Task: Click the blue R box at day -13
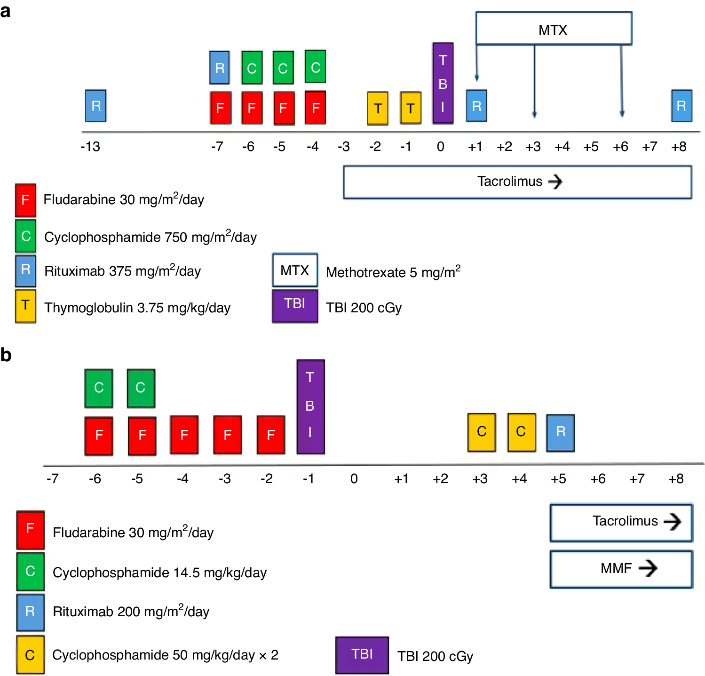coord(96,106)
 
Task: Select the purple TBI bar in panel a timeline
coord(443,84)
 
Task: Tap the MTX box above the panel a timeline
coord(553,29)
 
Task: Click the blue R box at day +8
coord(681,106)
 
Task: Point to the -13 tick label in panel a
coord(90,147)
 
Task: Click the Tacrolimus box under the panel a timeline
coord(517,182)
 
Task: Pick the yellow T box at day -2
coord(378,108)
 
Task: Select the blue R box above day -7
coord(220,68)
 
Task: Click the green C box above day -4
coord(315,67)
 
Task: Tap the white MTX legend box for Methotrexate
coord(295,270)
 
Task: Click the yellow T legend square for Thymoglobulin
coord(25,306)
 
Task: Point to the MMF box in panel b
coord(621,569)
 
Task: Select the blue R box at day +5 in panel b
coord(560,432)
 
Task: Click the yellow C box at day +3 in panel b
coord(482,432)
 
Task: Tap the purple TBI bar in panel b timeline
coord(310,406)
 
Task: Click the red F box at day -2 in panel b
coord(271,435)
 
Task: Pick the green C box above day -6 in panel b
coord(99,388)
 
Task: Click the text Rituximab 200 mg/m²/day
coord(131,611)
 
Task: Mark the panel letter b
coord(6,355)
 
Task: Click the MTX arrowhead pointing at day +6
coord(622,114)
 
